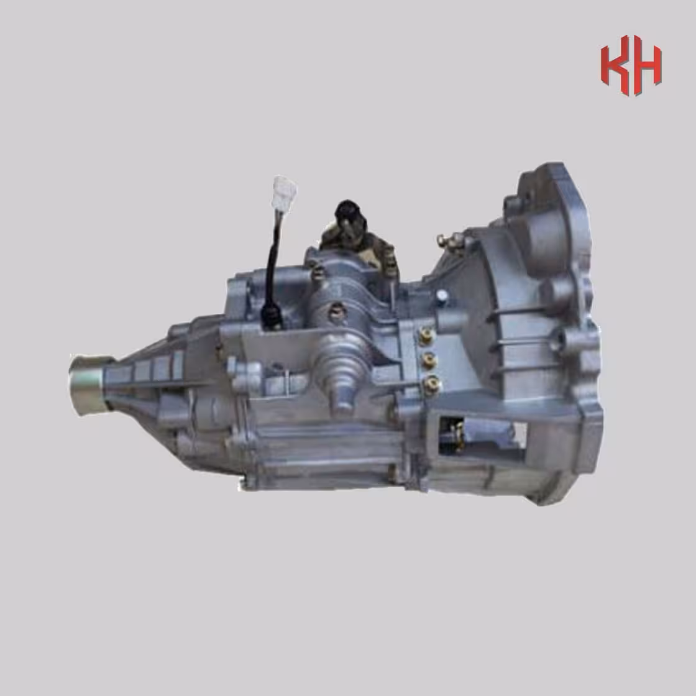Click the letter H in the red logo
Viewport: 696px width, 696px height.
[x=647, y=66]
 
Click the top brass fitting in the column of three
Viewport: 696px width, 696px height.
[x=426, y=336]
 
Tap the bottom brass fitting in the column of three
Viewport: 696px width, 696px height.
[x=431, y=385]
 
